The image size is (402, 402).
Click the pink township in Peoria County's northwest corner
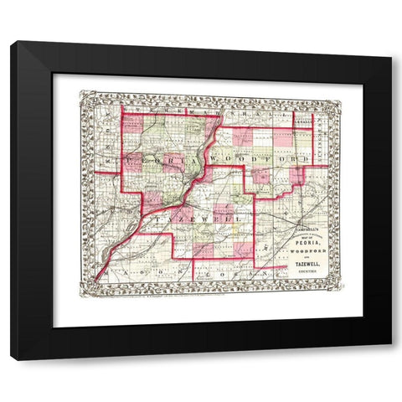[x=133, y=123]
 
